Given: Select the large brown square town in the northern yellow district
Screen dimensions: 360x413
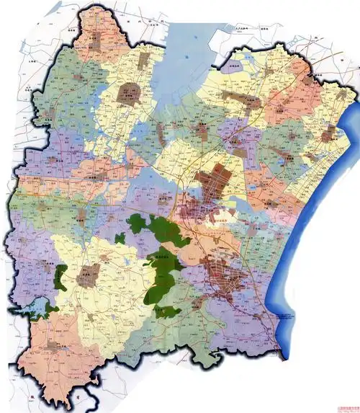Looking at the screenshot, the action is (130, 92).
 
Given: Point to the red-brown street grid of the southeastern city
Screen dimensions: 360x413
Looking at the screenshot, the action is (223, 274).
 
